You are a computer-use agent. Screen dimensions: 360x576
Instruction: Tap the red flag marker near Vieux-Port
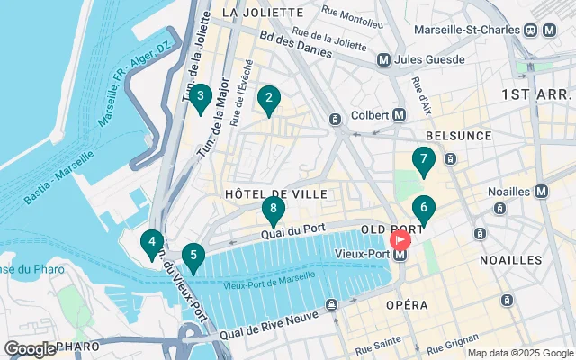[x=400, y=240]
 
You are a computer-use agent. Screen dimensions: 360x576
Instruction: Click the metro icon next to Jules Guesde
[x=384, y=60]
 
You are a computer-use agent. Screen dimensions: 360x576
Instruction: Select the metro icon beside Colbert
[x=400, y=115]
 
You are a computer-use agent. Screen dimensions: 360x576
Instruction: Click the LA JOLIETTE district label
[x=262, y=13]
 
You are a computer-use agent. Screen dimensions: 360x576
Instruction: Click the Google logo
[x=30, y=348]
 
